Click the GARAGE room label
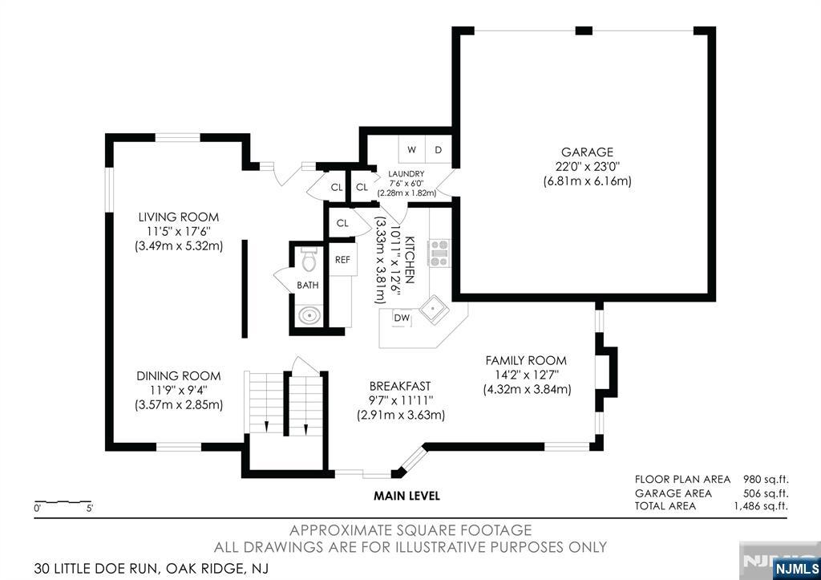point(587,152)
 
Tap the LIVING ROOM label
point(179,217)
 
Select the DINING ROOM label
point(179,375)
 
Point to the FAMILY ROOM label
point(526,360)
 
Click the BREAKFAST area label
point(400,386)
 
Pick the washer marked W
point(412,149)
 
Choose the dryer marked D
point(439,149)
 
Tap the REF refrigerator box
point(342,259)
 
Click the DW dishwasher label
point(402,318)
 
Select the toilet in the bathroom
point(309,258)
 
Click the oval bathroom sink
point(309,316)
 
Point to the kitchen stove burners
point(439,253)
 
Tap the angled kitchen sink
point(434,310)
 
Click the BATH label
point(307,286)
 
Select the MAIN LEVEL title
point(406,496)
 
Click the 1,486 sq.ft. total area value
point(762,506)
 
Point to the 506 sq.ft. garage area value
point(766,493)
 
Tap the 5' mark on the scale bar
point(90,509)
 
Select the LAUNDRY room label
point(406,174)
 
